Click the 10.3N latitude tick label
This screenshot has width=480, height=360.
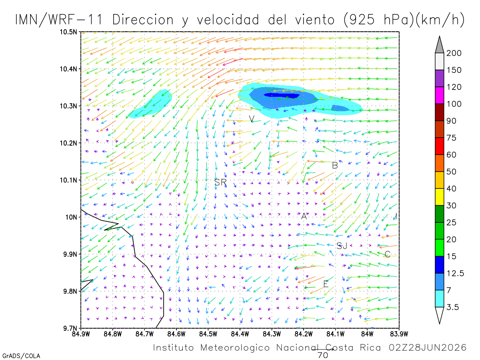(68, 106)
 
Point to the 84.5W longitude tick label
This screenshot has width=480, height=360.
(208, 334)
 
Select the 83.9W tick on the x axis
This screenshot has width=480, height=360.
(399, 334)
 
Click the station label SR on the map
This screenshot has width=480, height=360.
(220, 182)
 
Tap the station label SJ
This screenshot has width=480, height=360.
(342, 246)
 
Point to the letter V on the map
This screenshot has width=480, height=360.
(252, 119)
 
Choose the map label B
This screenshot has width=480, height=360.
(335, 166)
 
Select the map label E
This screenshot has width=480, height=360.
(326, 284)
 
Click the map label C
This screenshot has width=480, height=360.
(387, 254)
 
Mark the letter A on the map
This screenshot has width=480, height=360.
(304, 216)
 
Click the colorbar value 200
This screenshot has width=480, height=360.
(454, 53)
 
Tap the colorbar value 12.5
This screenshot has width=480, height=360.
(455, 273)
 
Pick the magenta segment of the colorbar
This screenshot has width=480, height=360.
(439, 95)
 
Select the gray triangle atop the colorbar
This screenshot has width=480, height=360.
(439, 45)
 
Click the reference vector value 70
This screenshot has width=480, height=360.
(323, 355)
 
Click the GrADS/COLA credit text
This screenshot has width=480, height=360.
(21, 356)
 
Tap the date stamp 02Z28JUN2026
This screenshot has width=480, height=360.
(428, 348)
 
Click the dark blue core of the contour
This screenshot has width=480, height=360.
(282, 96)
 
